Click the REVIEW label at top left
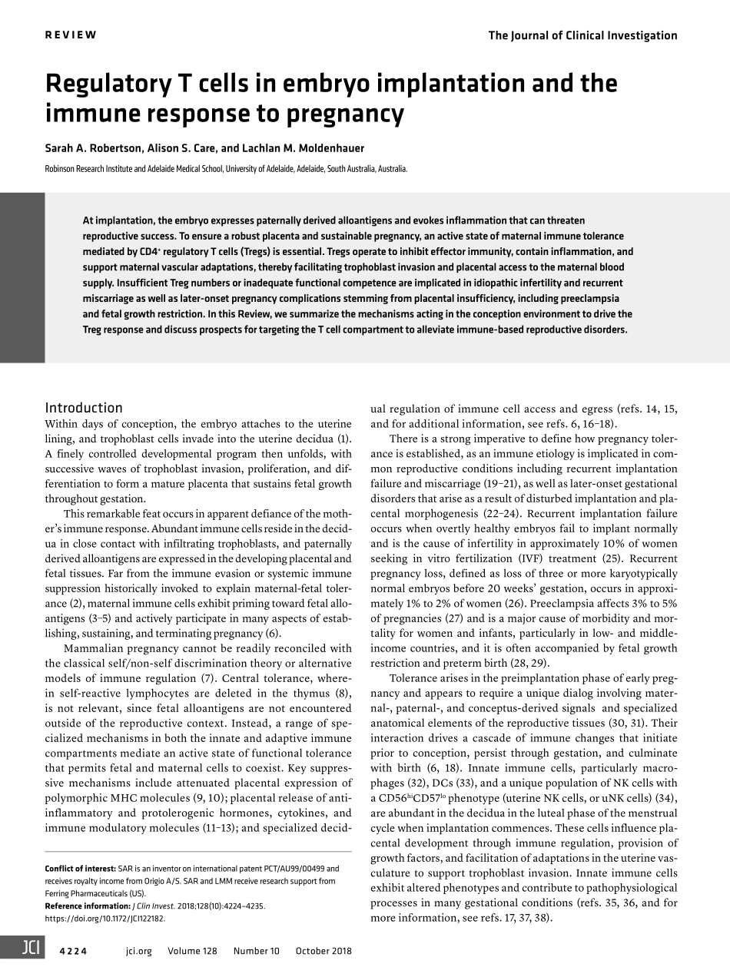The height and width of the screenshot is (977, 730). point(71,35)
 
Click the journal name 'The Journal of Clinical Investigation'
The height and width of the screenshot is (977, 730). point(582,35)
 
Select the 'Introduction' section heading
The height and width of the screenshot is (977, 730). point(84,408)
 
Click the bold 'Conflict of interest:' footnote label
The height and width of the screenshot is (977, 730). point(81,869)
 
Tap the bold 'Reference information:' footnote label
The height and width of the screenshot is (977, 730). point(88,906)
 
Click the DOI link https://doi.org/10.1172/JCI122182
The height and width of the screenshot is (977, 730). point(105,918)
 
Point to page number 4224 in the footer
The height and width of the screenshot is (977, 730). point(73,951)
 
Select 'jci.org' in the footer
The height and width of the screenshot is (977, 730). point(138,951)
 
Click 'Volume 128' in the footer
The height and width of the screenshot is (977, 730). point(192,951)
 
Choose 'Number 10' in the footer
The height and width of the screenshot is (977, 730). point(257,951)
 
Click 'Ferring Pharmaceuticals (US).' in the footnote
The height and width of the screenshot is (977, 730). point(95,893)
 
